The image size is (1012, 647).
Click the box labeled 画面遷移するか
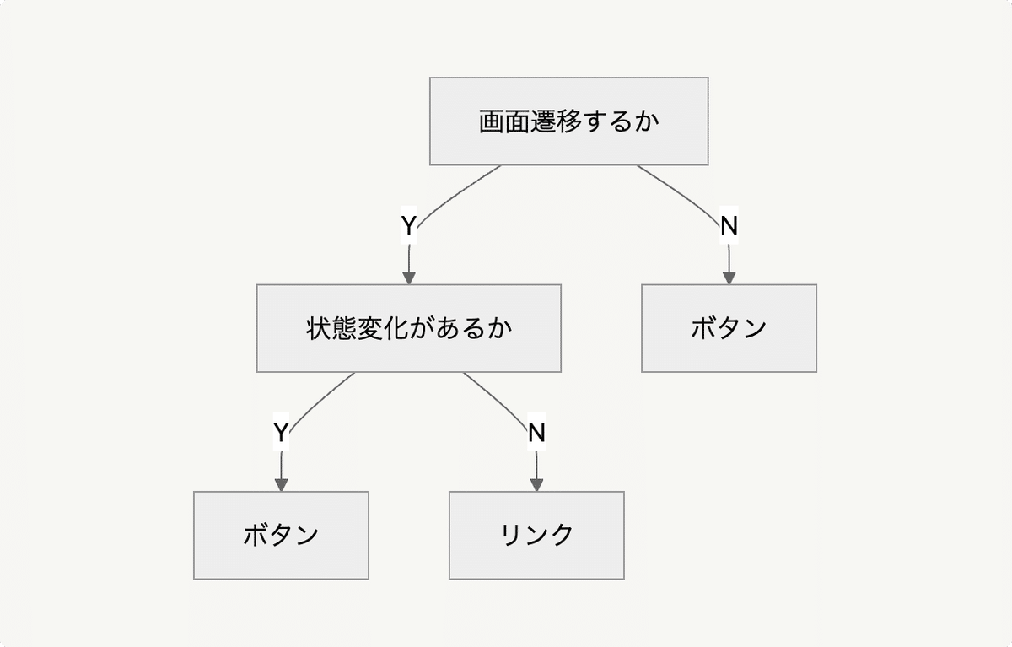coord(568,121)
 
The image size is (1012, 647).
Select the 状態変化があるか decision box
coord(408,328)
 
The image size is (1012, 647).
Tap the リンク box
coord(536,535)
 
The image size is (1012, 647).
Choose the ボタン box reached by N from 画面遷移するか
coord(729,328)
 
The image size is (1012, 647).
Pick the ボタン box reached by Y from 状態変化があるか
coord(281,535)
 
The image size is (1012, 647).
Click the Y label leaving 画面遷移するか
coord(409,226)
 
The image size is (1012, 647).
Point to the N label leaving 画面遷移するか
coord(729,226)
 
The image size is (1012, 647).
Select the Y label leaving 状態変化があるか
coord(281,433)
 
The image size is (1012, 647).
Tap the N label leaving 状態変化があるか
coord(536,433)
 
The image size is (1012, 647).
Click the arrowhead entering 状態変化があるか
coord(409,278)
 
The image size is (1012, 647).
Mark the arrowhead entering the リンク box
coord(536,484)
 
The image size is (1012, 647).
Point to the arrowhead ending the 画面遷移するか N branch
coord(729,278)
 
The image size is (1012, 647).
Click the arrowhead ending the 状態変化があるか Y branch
coord(281,484)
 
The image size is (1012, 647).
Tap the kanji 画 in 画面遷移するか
coord(492,121)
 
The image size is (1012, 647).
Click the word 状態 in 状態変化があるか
coord(331,328)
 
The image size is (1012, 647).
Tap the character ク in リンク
coord(562,535)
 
